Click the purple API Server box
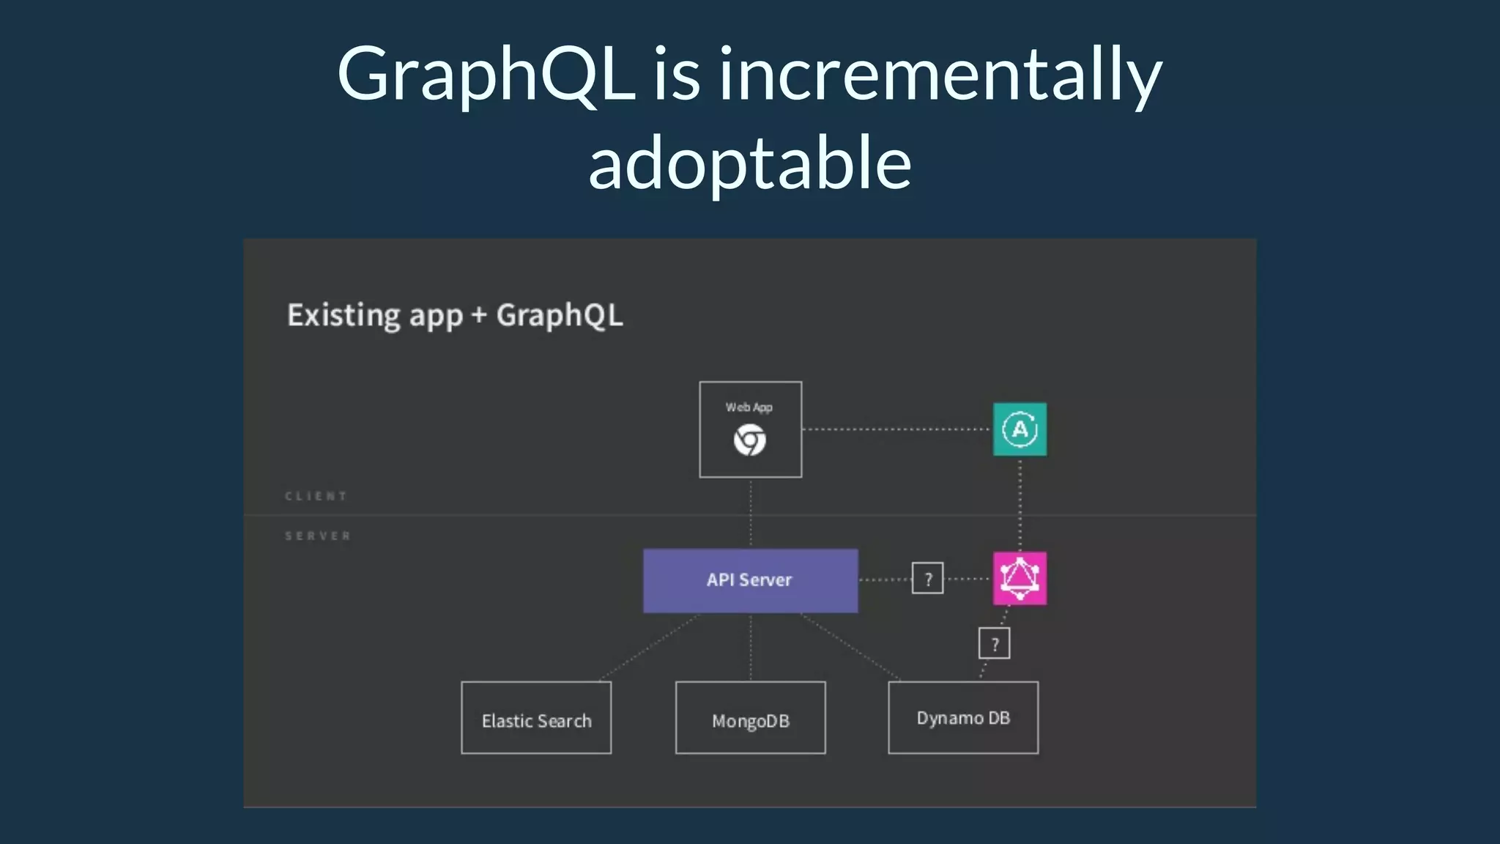pyautogui.click(x=750, y=580)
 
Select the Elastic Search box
pyautogui.click(x=536, y=718)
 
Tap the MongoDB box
pyautogui.click(x=750, y=718)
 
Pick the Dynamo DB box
pyautogui.click(x=963, y=718)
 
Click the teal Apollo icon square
pyautogui.click(x=1020, y=429)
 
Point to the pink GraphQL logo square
pyautogui.click(x=1020, y=579)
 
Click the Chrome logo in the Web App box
pyautogui.click(x=750, y=440)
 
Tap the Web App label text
pyautogui.click(x=749, y=407)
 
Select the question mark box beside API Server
pyautogui.click(x=927, y=579)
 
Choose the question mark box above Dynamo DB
pyautogui.click(x=994, y=643)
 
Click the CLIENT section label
pyautogui.click(x=316, y=496)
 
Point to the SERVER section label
pyautogui.click(x=318, y=536)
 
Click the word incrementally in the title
pyautogui.click(x=940, y=75)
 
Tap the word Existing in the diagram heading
pyautogui.click(x=344, y=316)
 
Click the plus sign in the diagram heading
pyautogui.click(x=479, y=315)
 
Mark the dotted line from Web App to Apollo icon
pyautogui.click(x=896, y=429)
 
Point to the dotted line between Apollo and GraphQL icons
pyautogui.click(x=1020, y=504)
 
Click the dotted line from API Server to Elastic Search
pyautogui.click(x=649, y=648)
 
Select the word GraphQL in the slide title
pyautogui.click(x=486, y=75)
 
